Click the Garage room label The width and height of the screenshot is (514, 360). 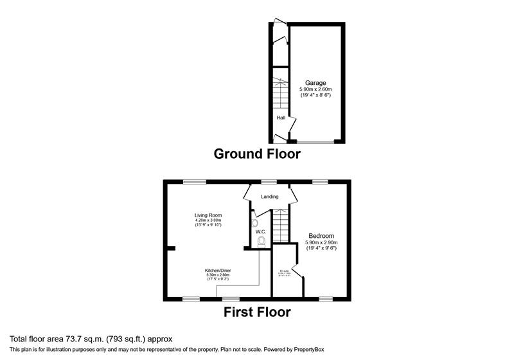coord(315,83)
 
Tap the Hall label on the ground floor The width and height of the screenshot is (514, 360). coord(281,118)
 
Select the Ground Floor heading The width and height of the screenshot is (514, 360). coord(256,154)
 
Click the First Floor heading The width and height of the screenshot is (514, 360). coord(257,313)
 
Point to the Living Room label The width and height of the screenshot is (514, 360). coord(209,215)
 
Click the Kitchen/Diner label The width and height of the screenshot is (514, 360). coord(218,270)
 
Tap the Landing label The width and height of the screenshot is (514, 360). coord(269,197)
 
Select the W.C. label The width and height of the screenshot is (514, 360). coord(260,231)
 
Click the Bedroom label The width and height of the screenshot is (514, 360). coord(322,235)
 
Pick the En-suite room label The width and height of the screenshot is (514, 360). coord(283,271)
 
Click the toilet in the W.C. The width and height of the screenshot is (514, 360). coord(261,242)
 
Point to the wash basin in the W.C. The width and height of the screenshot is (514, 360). coord(255,223)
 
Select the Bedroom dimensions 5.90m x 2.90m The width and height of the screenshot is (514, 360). coord(322,242)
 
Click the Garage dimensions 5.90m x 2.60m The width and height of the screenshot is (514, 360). coord(315,89)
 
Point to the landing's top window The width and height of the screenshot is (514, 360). coord(269,182)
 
